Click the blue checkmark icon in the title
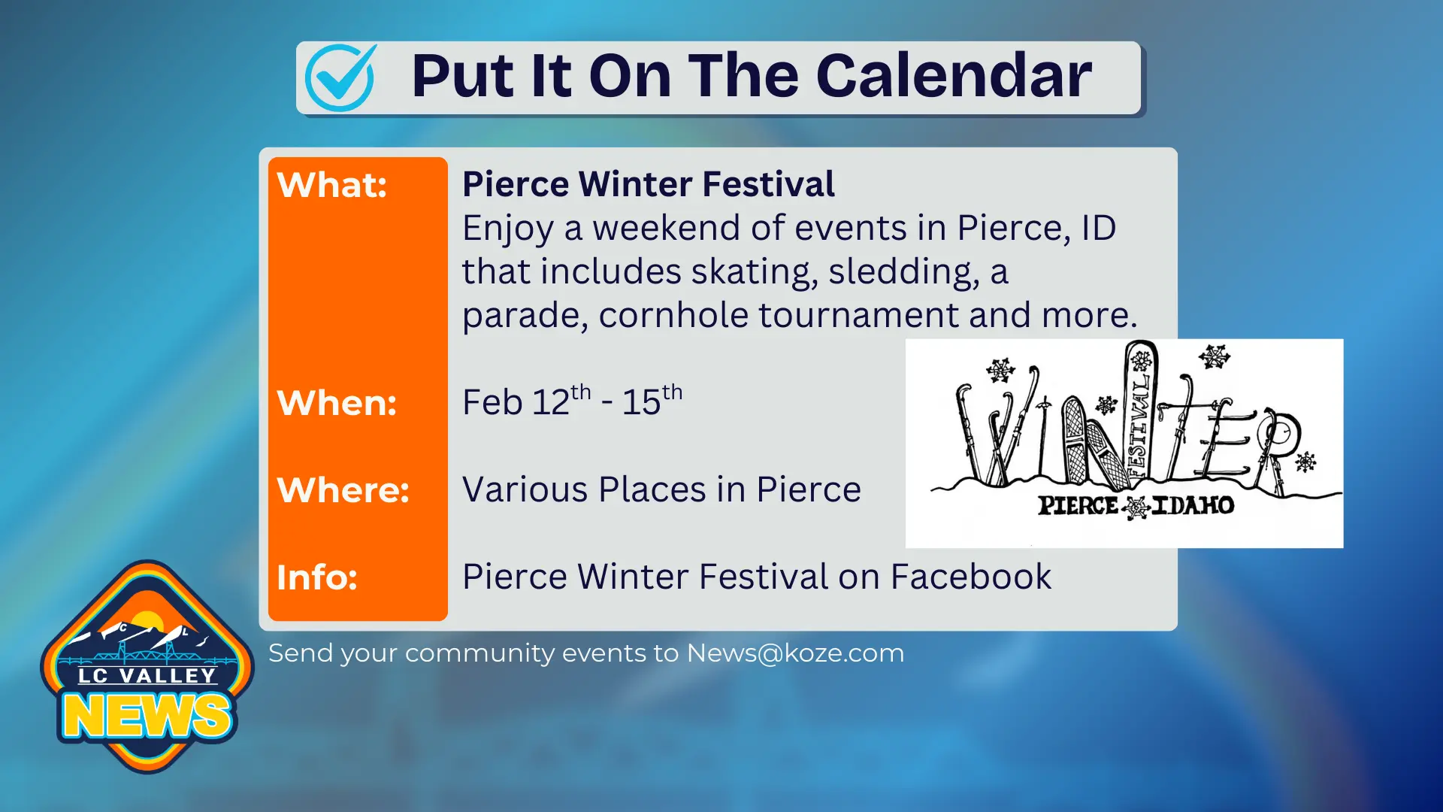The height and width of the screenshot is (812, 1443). [340, 77]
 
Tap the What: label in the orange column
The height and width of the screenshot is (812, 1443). [331, 185]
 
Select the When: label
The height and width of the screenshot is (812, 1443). [336, 403]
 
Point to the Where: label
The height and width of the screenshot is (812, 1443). [343, 490]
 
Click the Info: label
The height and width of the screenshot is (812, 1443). [316, 577]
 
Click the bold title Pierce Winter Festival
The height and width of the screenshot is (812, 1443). [648, 184]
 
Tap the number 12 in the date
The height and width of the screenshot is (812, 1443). [551, 402]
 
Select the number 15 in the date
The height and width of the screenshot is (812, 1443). [640, 402]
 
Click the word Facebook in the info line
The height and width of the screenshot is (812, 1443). [970, 577]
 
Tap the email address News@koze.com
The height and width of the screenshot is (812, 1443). [795, 653]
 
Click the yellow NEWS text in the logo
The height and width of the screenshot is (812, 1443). [147, 715]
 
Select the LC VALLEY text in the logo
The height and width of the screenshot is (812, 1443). [147, 676]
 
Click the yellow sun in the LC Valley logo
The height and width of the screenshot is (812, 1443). [147, 621]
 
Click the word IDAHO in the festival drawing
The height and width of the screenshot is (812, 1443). [1193, 505]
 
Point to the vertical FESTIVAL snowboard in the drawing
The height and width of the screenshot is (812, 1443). [1140, 414]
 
